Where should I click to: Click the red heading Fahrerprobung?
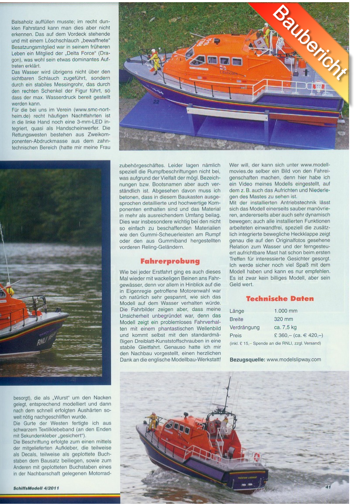coord(170,261)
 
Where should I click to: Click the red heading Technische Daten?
coord(280,299)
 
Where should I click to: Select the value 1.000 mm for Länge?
coord(285,311)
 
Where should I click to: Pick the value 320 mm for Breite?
coord(283,319)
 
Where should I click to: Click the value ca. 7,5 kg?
coord(285,327)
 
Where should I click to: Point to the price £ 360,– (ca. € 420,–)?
coord(298,335)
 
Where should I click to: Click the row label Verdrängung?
coord(244,327)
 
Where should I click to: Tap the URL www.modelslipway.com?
coord(294,360)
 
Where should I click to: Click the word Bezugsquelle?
coord(247,360)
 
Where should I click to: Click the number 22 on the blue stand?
coord(156,102)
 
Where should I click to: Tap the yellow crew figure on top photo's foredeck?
coord(154,61)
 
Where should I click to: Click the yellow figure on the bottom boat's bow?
coord(152,421)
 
